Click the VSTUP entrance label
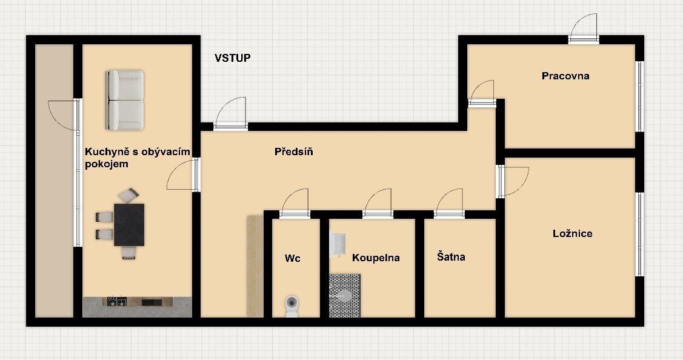tap(233, 58)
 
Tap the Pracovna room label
tap(565, 76)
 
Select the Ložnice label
tap(572, 233)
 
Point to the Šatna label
tap(451, 257)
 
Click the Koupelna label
tap(376, 258)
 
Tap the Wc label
tap(293, 258)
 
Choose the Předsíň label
tap(293, 152)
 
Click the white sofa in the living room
tap(125, 100)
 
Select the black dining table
tap(129, 224)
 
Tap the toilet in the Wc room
tap(292, 305)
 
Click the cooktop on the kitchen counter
tap(117, 301)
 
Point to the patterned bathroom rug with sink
tap(344, 295)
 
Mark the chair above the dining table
tap(129, 195)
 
